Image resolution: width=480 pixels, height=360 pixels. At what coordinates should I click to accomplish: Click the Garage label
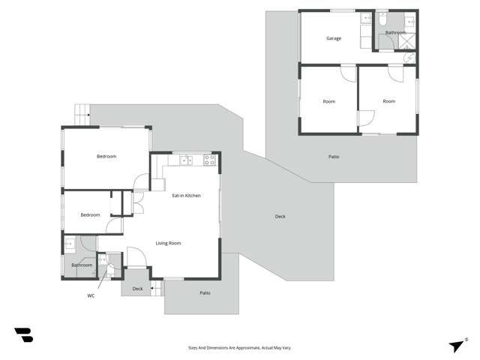click(334, 38)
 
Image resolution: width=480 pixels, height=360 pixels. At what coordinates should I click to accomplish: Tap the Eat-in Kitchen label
click(187, 196)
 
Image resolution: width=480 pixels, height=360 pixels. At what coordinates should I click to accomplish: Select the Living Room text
click(168, 243)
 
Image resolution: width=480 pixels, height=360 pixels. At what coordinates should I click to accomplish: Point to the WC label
click(91, 295)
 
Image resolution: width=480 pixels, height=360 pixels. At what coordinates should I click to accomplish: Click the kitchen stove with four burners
click(209, 160)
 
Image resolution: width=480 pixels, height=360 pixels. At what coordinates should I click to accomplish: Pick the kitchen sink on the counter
click(186, 160)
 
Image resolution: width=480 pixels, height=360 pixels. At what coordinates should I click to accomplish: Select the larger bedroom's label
click(106, 156)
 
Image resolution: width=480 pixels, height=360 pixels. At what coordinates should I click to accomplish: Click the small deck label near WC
click(137, 289)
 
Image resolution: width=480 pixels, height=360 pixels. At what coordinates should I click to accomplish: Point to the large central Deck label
click(280, 217)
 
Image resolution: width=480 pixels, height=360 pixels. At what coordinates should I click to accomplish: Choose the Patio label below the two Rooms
click(334, 157)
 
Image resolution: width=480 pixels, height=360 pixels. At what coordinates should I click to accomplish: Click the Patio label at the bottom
click(205, 292)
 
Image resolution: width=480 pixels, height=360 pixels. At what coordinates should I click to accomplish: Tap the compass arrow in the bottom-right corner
click(456, 345)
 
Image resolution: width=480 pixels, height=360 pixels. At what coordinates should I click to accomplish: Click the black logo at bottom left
click(23, 335)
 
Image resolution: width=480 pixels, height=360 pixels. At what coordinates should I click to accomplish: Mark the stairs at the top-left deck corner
click(81, 114)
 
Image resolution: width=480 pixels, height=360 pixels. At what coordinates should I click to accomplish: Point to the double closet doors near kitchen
click(136, 203)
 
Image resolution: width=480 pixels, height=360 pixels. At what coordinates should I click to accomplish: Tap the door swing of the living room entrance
click(136, 257)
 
